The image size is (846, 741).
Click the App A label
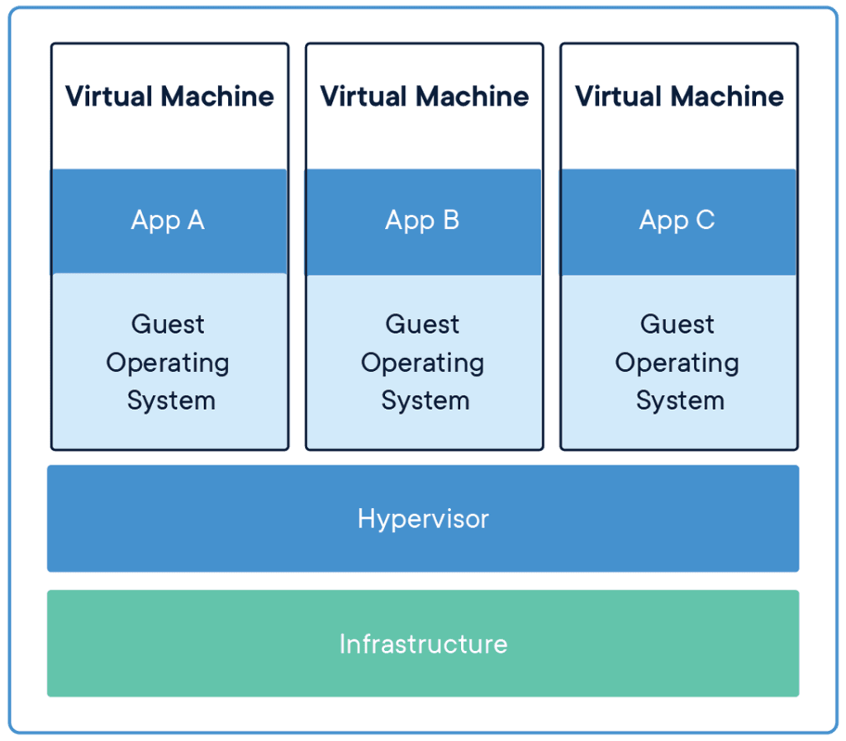[x=168, y=221]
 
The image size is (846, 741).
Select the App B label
[x=422, y=221]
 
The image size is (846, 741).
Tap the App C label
[x=677, y=221]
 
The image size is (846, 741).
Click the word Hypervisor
[x=423, y=520]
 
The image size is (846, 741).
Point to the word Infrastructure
[x=424, y=644]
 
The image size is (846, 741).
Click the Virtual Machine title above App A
[x=170, y=97]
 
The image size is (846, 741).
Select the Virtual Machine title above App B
[x=425, y=97]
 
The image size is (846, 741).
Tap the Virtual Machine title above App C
[x=679, y=97]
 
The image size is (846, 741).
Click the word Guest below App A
[x=168, y=324]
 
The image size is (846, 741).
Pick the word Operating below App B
[x=422, y=363]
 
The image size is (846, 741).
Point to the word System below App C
[x=680, y=401]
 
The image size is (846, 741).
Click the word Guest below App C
[x=677, y=324]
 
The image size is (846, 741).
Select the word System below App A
[x=171, y=401]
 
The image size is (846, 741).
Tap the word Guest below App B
[x=422, y=324]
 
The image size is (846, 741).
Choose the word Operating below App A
[x=168, y=363]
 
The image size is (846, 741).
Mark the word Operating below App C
[x=677, y=363]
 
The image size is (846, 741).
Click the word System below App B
[x=425, y=401]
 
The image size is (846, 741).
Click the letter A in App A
[x=195, y=220]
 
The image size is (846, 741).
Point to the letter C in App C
[x=706, y=220]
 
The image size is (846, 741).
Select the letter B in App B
[x=451, y=220]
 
